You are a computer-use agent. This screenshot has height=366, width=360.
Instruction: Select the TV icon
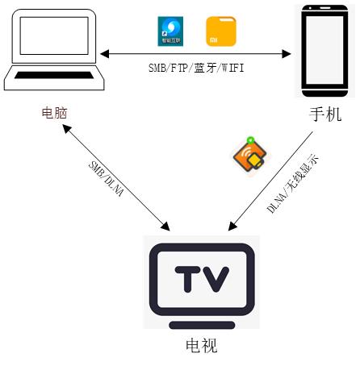click(x=203, y=281)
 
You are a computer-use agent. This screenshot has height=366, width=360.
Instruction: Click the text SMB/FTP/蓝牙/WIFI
click(x=195, y=70)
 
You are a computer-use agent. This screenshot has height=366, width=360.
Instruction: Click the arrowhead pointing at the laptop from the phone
click(x=105, y=55)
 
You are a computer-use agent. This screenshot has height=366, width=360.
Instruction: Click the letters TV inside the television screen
click(x=203, y=279)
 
